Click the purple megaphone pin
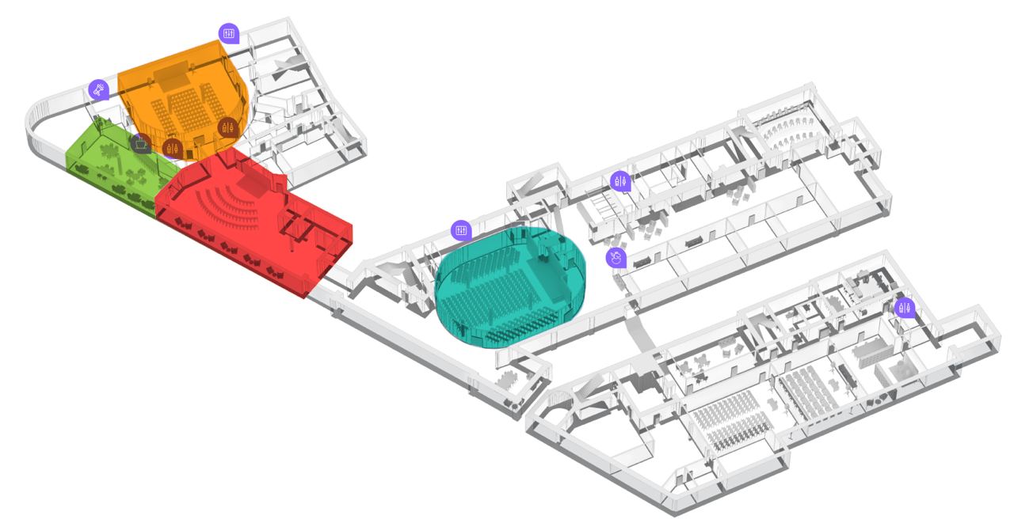97,89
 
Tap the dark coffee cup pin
141,143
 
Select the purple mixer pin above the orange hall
229,32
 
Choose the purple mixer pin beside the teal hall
461,230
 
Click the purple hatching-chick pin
616,257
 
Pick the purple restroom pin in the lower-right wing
904,308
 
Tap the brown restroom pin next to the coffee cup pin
172,147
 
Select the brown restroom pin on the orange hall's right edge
228,127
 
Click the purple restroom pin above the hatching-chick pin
621,181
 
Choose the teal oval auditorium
511,289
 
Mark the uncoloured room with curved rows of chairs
784,131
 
